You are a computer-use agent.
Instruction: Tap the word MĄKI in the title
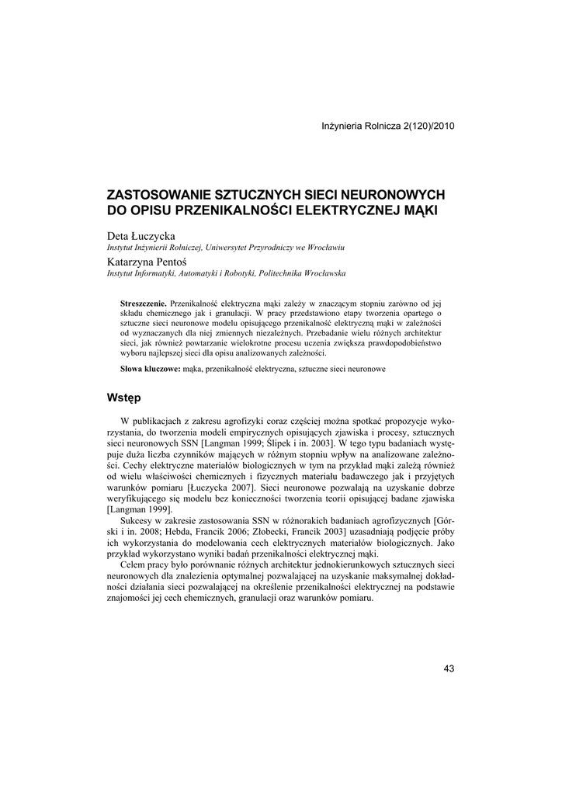coord(420,210)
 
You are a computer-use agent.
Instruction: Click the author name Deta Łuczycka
coord(141,235)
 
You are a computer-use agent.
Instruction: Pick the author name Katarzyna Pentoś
coord(147,262)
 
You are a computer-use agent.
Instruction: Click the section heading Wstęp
coord(123,398)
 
